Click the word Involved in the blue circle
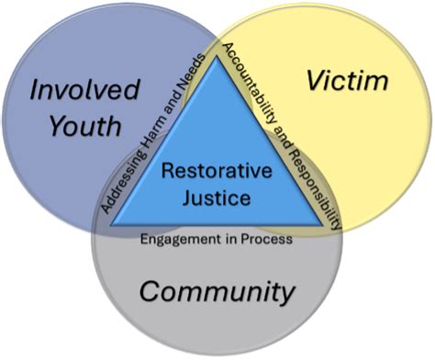85,89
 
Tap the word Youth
85,126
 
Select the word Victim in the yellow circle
348,80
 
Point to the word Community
217,292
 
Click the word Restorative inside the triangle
217,171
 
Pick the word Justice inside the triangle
217,197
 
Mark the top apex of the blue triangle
217,55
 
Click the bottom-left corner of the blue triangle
111,226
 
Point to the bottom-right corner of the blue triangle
322,226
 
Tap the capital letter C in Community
150,291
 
